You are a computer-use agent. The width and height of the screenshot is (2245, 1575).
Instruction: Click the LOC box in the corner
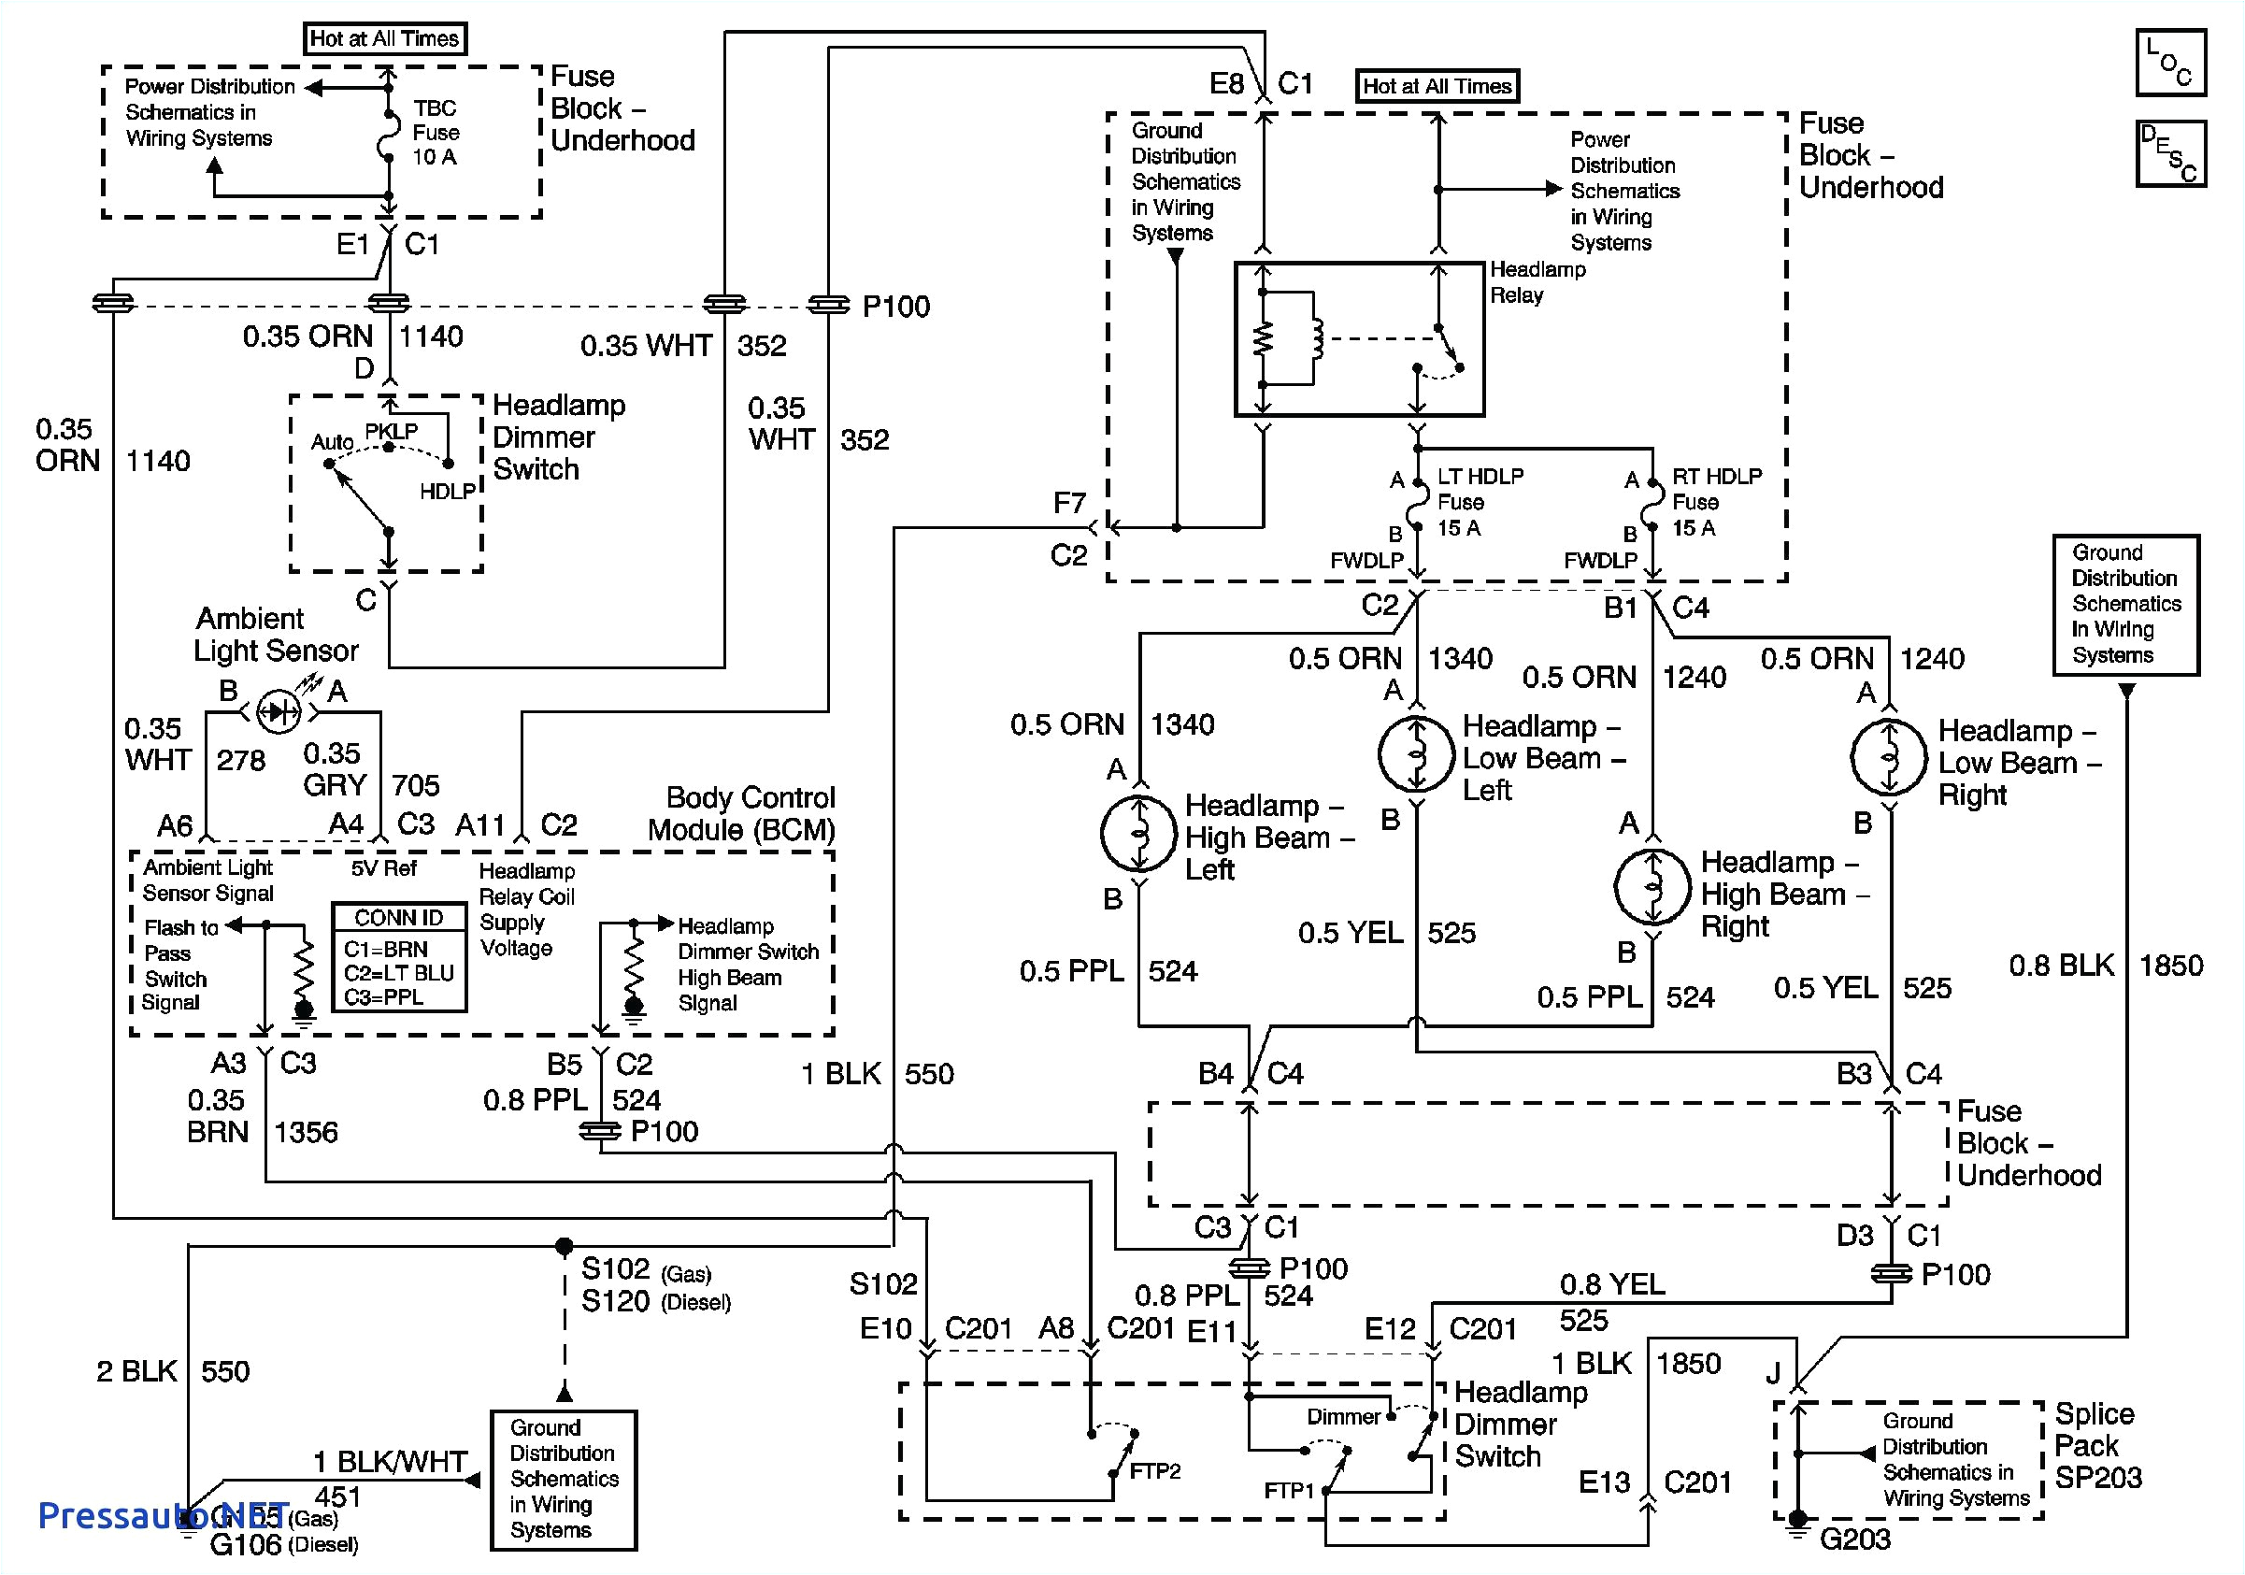click(2169, 63)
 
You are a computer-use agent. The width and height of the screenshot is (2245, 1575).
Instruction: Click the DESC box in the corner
click(2169, 153)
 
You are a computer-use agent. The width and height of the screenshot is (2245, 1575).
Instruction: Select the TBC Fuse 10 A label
click(436, 132)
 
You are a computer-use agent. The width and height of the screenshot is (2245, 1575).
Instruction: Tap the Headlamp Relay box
click(1359, 339)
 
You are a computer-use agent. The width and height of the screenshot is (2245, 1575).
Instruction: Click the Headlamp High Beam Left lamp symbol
click(1138, 833)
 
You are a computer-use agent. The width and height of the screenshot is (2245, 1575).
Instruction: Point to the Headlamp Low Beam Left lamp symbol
click(1416, 753)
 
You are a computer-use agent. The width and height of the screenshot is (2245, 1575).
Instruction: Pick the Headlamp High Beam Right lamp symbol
click(1652, 887)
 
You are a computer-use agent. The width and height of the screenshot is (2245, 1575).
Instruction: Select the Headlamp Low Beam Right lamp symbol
click(1889, 758)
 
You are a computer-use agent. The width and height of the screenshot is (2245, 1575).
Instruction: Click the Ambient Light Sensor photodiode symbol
click(279, 711)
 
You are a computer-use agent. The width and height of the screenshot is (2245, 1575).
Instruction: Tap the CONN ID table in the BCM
click(399, 957)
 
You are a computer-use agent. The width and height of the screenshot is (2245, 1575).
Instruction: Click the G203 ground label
click(1854, 1539)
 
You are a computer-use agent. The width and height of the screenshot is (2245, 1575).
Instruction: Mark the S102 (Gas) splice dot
click(565, 1247)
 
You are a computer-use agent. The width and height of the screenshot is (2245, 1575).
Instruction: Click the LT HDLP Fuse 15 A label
click(1480, 502)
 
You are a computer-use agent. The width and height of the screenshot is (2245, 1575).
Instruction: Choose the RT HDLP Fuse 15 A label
click(1715, 502)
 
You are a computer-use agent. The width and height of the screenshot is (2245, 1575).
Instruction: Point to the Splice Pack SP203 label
click(2096, 1445)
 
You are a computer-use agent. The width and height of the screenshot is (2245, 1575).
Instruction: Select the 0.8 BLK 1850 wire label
click(2104, 966)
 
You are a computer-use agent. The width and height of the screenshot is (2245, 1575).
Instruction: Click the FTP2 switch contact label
click(1155, 1471)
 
